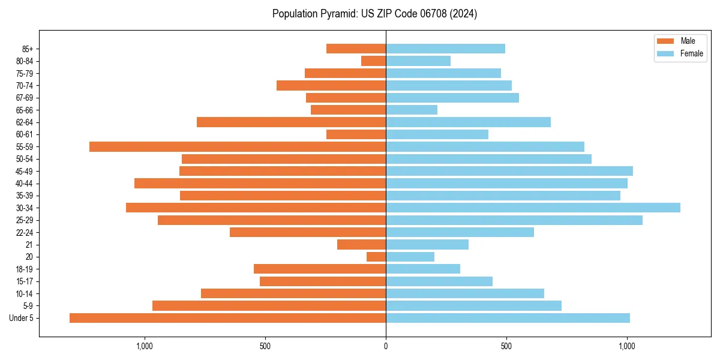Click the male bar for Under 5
click(227, 318)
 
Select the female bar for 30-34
click(533, 208)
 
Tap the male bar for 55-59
click(238, 146)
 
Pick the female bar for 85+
click(445, 49)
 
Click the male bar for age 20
click(376, 257)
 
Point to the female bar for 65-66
click(412, 110)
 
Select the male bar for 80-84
click(373, 61)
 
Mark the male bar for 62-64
click(291, 122)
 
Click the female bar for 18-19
click(423, 269)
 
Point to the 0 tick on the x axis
click(386, 346)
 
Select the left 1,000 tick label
click(145, 346)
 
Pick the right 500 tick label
click(506, 346)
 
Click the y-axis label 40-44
click(24, 184)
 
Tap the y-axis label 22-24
click(24, 232)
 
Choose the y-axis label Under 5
click(22, 318)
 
